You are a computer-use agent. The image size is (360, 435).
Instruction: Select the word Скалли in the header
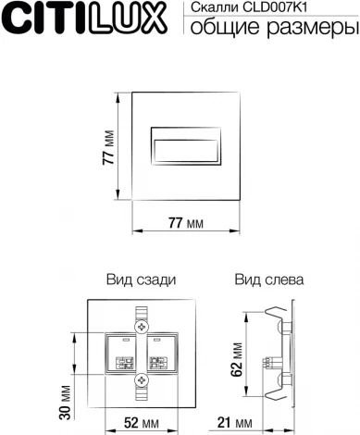pyautogui.click(x=210, y=8)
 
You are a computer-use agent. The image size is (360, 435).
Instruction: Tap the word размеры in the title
pyautogui.click(x=309, y=29)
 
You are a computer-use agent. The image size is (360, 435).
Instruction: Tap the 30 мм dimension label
pyautogui.click(x=66, y=398)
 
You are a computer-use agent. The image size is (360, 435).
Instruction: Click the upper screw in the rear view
pyautogui.click(x=142, y=327)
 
